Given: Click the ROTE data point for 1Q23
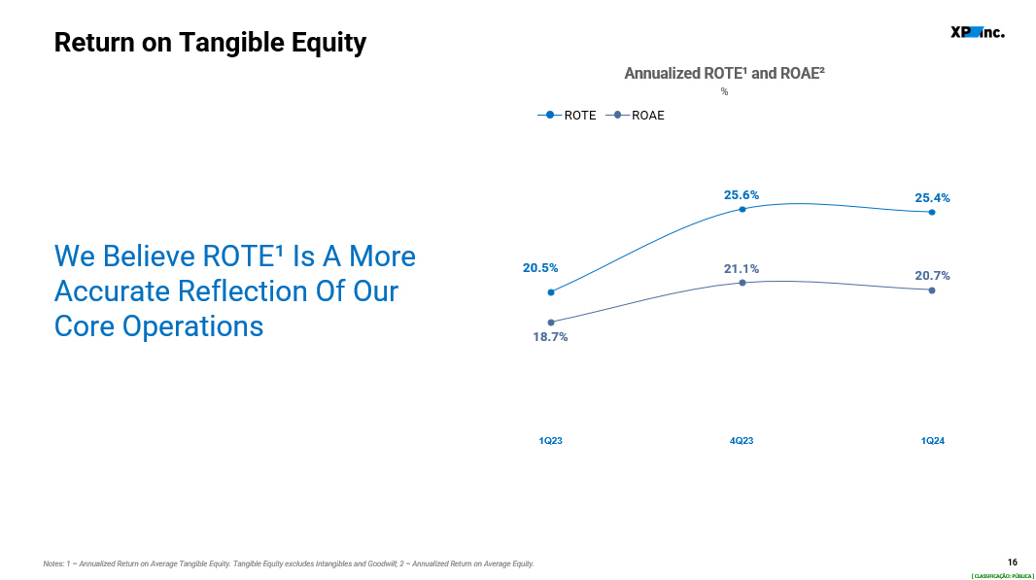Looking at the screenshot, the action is click(551, 292).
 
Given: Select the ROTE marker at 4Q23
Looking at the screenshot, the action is click(742, 210).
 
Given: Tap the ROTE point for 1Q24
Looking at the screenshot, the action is click(932, 212).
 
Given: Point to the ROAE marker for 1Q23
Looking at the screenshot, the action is click(551, 323).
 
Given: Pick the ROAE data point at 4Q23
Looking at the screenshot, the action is click(742, 283).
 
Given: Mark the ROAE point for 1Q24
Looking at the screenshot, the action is click(932, 290).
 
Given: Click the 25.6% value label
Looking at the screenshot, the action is click(742, 195).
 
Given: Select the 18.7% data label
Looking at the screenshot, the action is click(550, 337).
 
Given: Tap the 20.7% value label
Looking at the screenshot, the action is click(932, 276).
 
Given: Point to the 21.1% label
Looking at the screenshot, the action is click(742, 269).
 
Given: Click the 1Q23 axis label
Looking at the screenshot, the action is click(550, 441).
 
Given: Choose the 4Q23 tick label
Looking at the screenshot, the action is click(742, 441).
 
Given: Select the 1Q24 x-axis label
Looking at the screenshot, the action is click(932, 441).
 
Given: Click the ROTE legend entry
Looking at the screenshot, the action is click(567, 115).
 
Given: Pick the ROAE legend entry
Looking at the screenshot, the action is click(635, 115).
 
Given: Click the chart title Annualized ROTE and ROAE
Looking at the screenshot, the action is click(724, 73).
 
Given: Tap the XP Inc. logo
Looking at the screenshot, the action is click(977, 32).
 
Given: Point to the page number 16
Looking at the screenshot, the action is click(1013, 563).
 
